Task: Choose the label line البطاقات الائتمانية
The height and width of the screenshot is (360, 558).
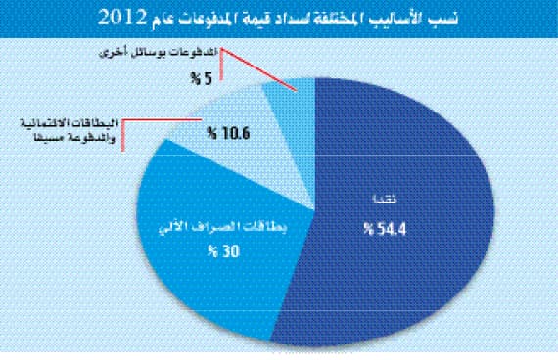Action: [x=67, y=123]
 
